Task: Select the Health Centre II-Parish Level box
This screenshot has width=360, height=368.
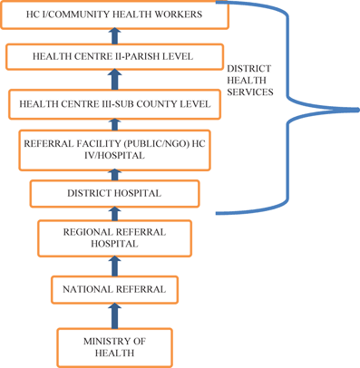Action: pyautogui.click(x=112, y=57)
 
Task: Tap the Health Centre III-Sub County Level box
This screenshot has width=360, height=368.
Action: pyautogui.click(x=114, y=104)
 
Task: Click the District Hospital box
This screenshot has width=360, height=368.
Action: pyautogui.click(x=114, y=193)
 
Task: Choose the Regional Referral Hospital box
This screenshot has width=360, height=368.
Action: pyautogui.click(x=114, y=238)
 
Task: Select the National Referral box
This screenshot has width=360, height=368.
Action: pyautogui.click(x=114, y=289)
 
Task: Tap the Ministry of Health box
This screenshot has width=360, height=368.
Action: pyautogui.click(x=114, y=346)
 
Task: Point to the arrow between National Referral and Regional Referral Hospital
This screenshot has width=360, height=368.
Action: pyautogui.click(x=114, y=266)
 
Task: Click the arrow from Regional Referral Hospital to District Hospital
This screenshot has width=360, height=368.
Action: pyautogui.click(x=114, y=215)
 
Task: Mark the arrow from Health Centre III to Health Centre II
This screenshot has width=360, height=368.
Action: pyautogui.click(x=114, y=82)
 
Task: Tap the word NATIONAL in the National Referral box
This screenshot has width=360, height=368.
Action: pyautogui.click(x=87, y=289)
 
